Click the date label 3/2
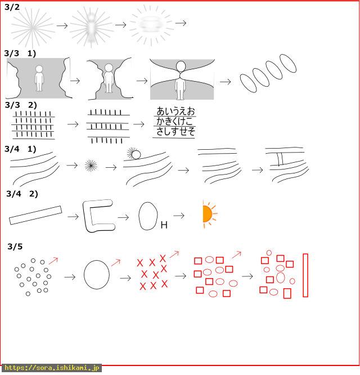click(x=12, y=7)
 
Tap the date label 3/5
click(x=15, y=246)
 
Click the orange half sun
click(x=208, y=214)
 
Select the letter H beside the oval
click(x=164, y=225)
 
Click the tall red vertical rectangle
click(x=305, y=275)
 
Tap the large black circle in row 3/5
click(x=84, y=275)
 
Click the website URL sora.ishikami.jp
click(x=51, y=367)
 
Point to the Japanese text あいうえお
click(x=175, y=111)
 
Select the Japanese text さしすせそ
click(x=175, y=131)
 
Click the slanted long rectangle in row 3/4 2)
click(x=35, y=215)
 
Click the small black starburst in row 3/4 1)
click(x=91, y=166)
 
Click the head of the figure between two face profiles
click(x=109, y=68)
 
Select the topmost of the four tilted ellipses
click(x=288, y=63)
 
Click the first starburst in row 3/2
click(x=33, y=27)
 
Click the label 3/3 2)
click(x=21, y=105)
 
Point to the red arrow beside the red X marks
click(x=174, y=255)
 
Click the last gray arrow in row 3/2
click(x=181, y=23)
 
